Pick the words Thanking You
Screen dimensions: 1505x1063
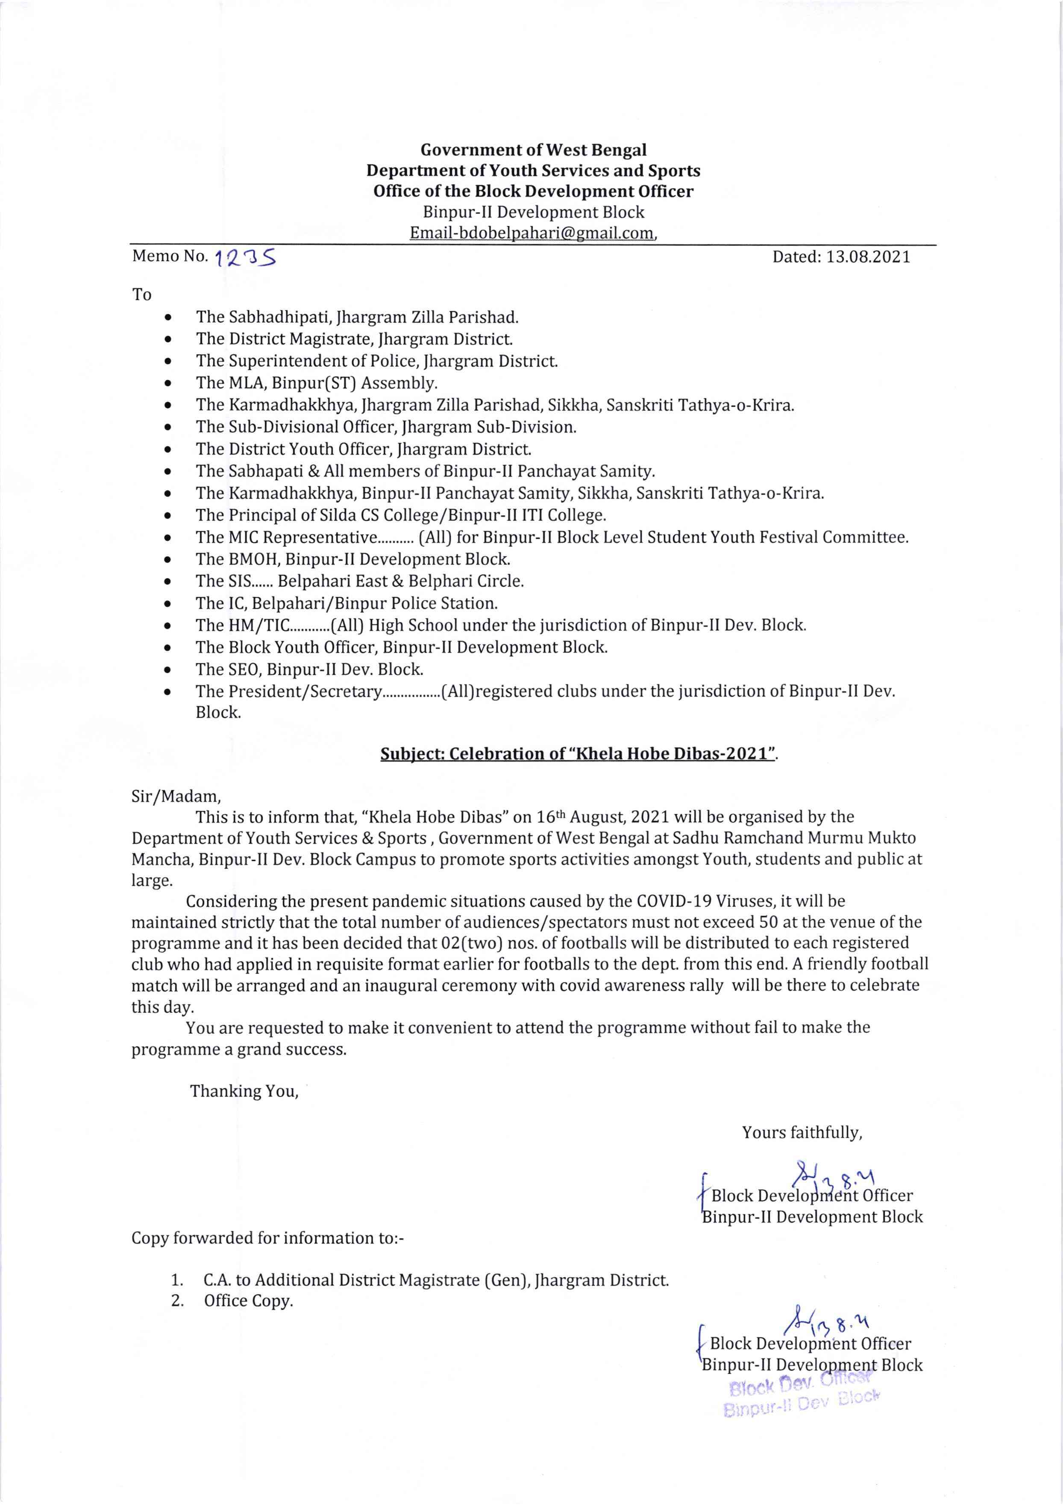point(244,1091)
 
